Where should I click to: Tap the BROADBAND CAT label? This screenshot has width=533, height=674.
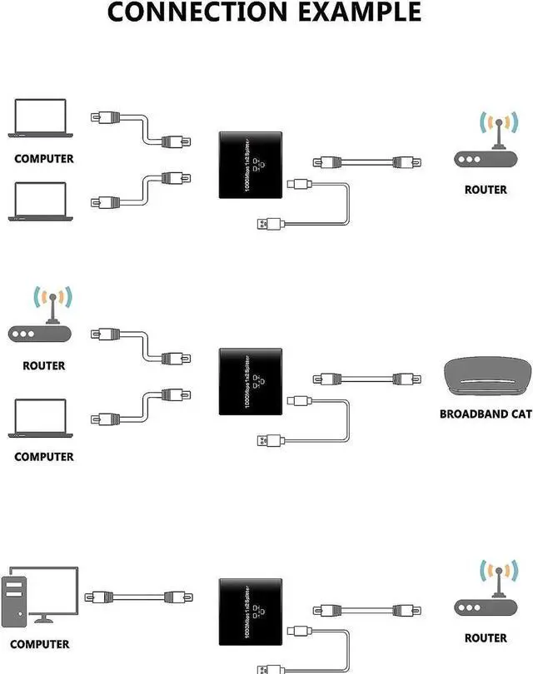485,414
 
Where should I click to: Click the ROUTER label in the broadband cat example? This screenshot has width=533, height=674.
44,365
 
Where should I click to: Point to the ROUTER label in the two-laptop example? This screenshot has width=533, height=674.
486,190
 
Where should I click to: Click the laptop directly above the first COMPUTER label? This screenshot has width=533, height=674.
41,118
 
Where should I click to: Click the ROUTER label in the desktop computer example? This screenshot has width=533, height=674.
486,637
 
